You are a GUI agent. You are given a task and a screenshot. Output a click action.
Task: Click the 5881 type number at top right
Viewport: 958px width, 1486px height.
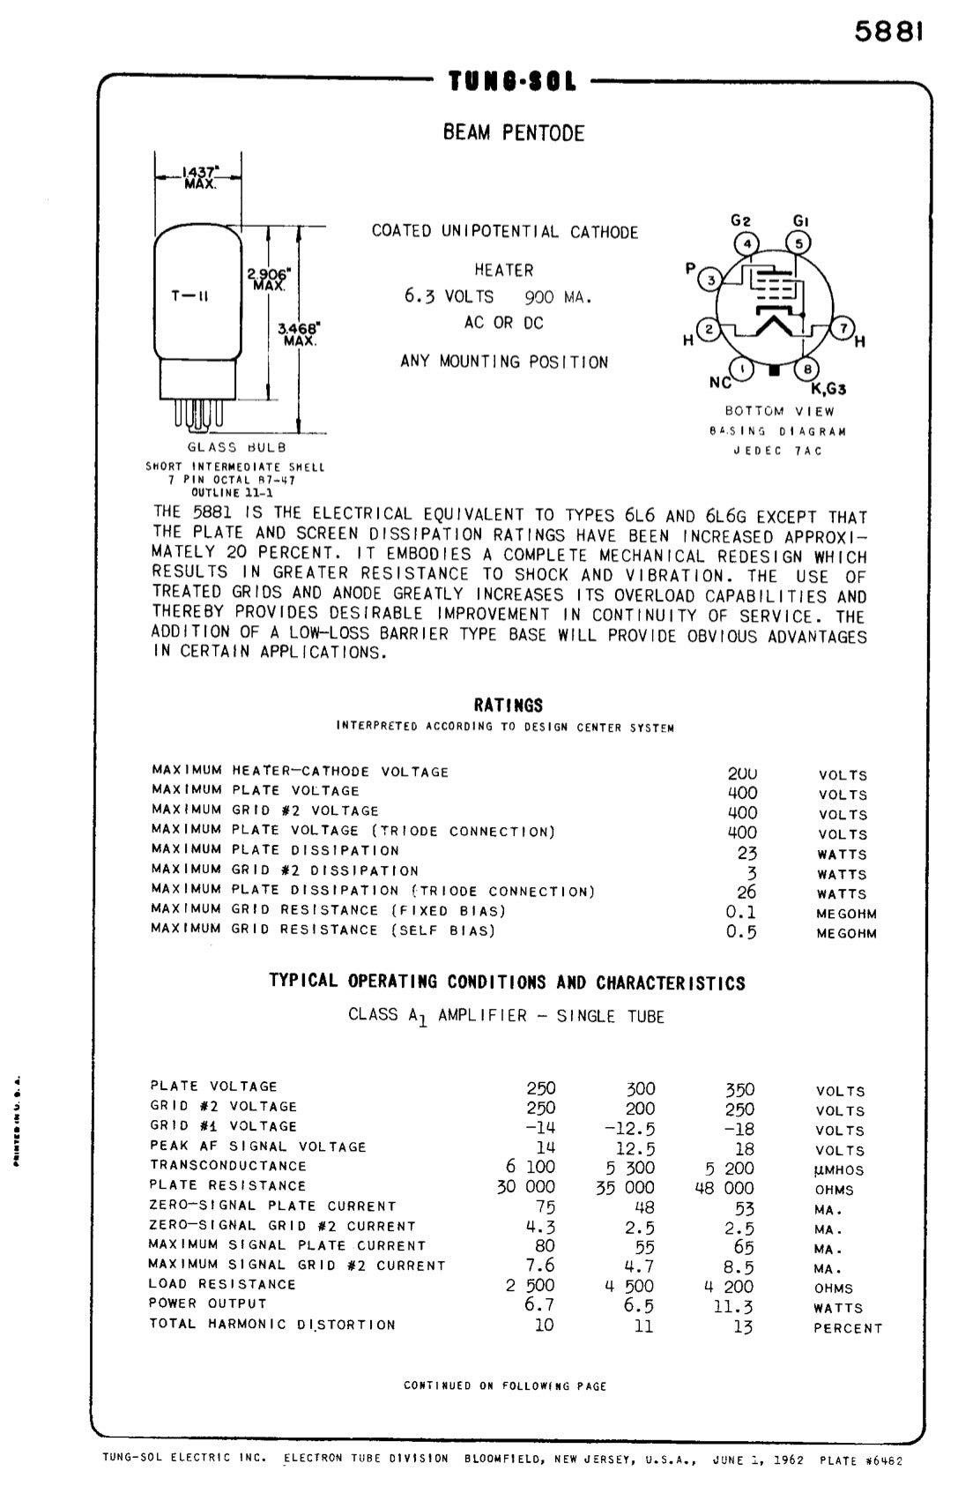tap(889, 33)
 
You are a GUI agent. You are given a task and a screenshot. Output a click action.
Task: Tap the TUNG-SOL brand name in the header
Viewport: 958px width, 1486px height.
tap(512, 83)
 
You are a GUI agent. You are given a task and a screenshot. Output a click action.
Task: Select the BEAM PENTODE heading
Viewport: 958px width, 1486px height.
tap(514, 133)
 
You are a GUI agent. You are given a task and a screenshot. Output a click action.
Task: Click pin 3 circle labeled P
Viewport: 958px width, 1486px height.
tap(711, 280)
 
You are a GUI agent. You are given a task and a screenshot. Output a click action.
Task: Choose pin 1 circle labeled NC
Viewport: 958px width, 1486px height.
tap(744, 370)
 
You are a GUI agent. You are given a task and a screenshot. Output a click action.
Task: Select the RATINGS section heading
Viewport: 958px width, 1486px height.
tap(509, 706)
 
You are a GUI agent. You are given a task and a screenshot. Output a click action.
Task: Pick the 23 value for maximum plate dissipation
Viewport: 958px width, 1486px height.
tap(746, 853)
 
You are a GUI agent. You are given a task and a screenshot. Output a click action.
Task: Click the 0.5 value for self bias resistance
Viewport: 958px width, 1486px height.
tap(741, 932)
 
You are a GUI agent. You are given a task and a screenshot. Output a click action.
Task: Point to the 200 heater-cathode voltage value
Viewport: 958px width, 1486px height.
tap(742, 773)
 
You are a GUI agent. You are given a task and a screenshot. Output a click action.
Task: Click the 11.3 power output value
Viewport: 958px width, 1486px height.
tap(733, 1306)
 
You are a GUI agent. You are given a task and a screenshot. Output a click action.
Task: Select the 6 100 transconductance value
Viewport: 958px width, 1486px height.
tap(530, 1167)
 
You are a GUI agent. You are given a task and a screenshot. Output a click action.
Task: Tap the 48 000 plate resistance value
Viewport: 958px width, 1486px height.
tap(724, 1187)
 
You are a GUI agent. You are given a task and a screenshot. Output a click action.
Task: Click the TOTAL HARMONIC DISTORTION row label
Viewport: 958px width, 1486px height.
tap(272, 1324)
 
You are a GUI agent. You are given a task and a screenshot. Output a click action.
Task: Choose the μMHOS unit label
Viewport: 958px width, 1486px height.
tap(839, 1170)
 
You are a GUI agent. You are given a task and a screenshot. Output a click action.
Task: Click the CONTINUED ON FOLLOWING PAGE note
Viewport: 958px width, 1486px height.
tap(505, 1385)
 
